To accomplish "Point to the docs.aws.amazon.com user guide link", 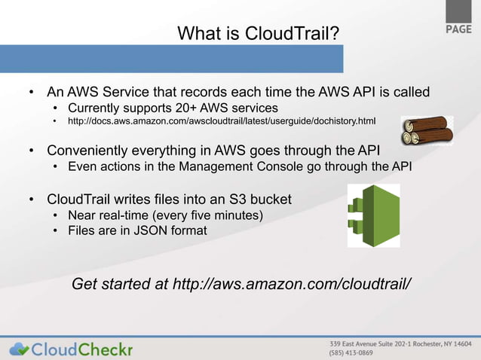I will (222, 121).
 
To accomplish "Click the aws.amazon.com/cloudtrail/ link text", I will (293, 285).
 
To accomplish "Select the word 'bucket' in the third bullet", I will (268, 200).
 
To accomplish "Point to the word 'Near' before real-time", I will (83, 216).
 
